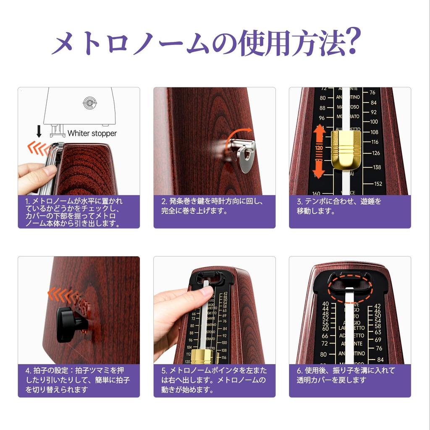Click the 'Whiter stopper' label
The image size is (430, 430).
(x=92, y=133)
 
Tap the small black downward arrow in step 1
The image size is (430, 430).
(x=39, y=132)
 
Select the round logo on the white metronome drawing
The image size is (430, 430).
(x=89, y=102)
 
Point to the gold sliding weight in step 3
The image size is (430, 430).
(x=346, y=149)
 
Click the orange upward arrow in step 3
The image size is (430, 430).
(x=320, y=134)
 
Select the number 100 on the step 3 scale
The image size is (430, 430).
(x=373, y=122)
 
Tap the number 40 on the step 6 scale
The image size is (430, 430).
(x=325, y=304)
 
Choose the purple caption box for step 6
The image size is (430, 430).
(x=350, y=380)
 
